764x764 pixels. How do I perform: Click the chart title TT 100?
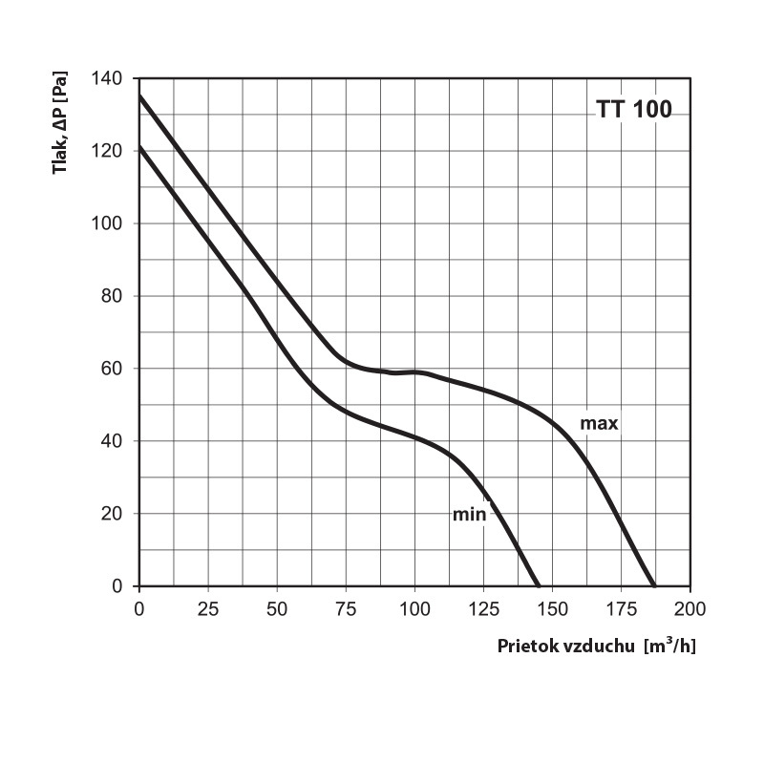(634, 109)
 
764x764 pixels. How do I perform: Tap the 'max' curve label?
(600, 423)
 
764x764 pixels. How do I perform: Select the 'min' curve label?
(469, 515)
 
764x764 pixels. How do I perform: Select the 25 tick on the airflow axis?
(208, 608)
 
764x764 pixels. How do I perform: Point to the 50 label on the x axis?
(277, 608)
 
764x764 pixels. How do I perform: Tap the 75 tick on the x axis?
(346, 608)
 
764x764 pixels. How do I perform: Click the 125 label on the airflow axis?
(483, 608)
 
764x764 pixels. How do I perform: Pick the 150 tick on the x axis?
(552, 608)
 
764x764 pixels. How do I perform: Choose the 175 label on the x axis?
(621, 608)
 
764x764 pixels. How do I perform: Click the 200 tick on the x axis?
(690, 608)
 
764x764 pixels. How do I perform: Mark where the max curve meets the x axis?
(654, 585)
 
